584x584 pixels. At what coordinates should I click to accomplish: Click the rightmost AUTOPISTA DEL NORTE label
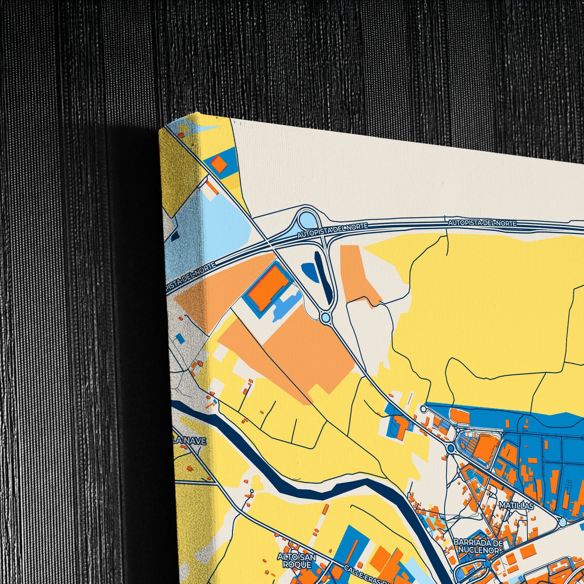coord(482,223)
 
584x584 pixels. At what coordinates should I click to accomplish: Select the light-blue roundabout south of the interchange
coord(326,318)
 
